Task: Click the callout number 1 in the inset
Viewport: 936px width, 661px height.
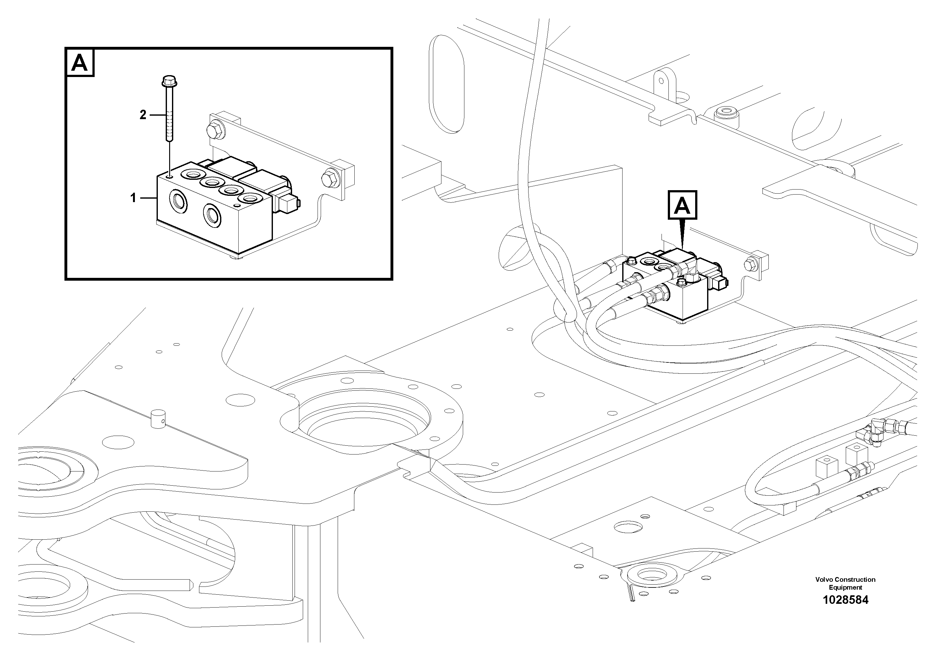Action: pos(133,198)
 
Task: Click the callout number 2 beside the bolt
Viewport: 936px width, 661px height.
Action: pos(143,115)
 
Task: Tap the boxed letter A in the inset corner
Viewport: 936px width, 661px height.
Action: pos(80,63)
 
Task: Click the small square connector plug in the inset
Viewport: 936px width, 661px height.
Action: pos(289,203)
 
